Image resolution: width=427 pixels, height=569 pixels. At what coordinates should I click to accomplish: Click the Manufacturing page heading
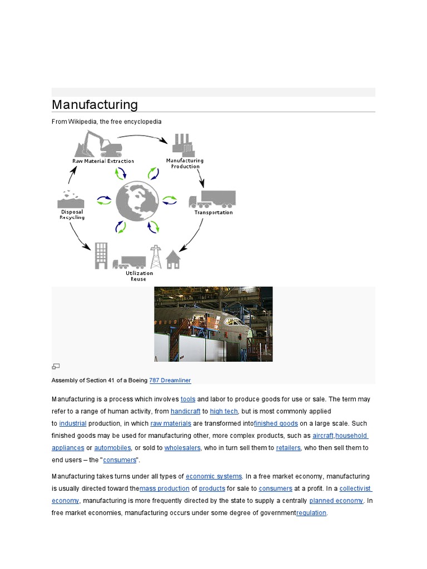(95, 104)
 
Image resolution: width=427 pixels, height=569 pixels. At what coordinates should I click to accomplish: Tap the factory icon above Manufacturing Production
(185, 144)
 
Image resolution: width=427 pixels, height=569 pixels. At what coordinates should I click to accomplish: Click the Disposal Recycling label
(72, 214)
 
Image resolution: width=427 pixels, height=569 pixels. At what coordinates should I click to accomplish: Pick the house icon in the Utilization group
(173, 259)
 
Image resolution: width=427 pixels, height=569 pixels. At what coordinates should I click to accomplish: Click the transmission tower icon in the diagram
(156, 257)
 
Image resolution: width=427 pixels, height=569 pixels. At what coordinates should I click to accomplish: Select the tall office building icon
(101, 255)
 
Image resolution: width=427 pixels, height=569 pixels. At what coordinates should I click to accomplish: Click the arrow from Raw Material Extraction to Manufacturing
(142, 136)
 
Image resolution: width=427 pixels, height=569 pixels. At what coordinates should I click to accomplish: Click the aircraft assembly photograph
(213, 324)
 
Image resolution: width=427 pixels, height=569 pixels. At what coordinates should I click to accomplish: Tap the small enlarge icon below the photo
(56, 366)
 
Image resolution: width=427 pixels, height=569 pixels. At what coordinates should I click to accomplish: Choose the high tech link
(224, 411)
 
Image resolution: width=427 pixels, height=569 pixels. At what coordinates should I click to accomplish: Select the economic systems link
(213, 476)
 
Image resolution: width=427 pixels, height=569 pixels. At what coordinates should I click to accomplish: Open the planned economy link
(336, 501)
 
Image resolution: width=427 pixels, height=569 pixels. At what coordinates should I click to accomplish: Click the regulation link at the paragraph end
(311, 513)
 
